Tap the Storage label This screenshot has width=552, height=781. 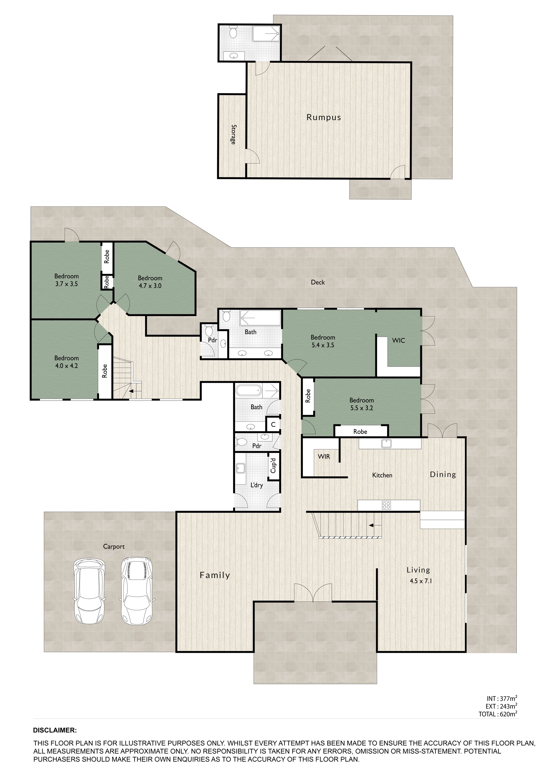click(233, 134)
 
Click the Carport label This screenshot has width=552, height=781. click(114, 547)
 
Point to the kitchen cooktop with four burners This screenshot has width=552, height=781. click(386, 505)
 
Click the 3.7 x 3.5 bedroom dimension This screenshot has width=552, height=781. click(67, 284)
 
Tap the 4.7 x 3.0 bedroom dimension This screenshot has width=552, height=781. click(150, 286)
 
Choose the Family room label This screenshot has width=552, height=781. click(215, 575)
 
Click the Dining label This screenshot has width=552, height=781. click(443, 474)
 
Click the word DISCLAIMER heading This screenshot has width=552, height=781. click(55, 730)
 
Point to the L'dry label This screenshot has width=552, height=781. click(257, 485)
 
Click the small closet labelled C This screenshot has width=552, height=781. click(273, 424)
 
